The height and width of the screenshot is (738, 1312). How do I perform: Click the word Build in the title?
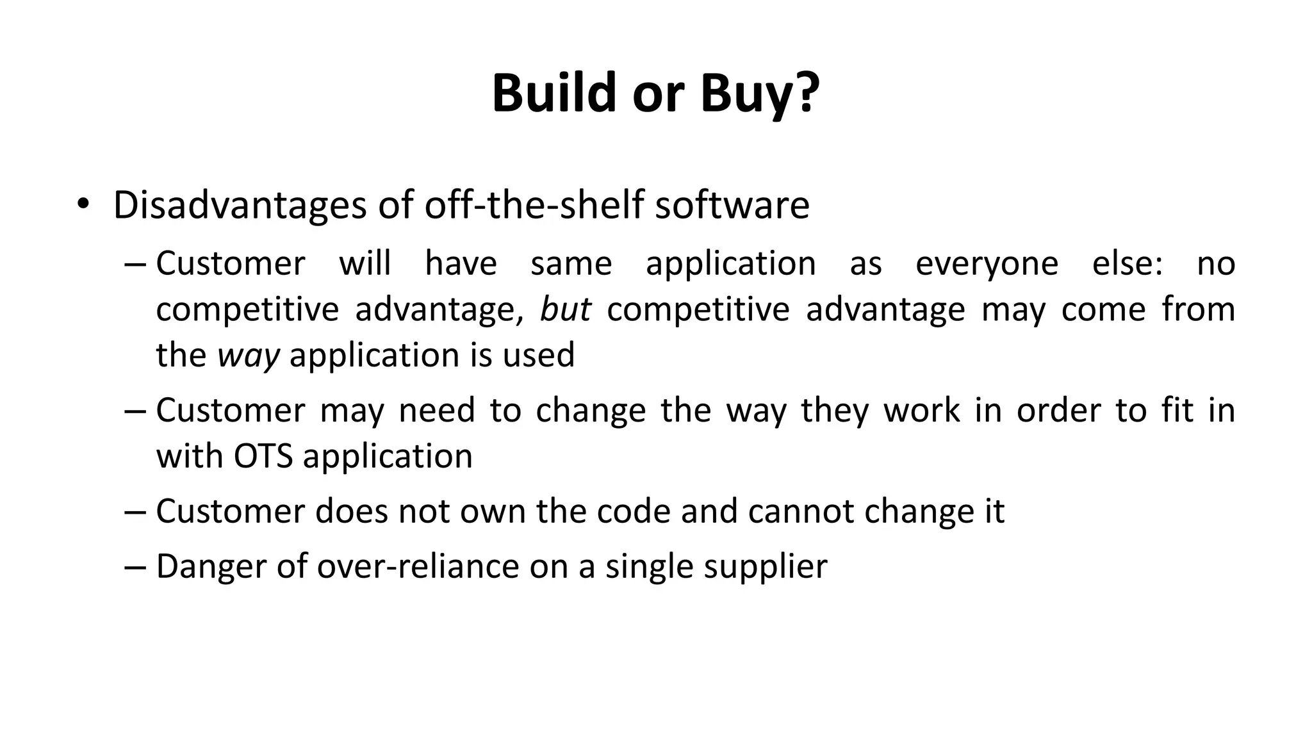[x=555, y=94]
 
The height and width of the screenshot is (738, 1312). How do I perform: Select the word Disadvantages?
[x=240, y=205]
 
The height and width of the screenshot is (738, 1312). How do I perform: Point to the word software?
[x=732, y=205]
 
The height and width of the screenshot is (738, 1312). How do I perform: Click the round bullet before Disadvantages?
[x=83, y=205]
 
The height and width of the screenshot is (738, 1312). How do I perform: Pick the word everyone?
[x=987, y=264]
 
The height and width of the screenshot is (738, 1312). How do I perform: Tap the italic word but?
[x=565, y=309]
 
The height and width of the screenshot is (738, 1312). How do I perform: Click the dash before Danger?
[x=136, y=566]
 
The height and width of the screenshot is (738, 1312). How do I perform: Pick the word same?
[x=571, y=264]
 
